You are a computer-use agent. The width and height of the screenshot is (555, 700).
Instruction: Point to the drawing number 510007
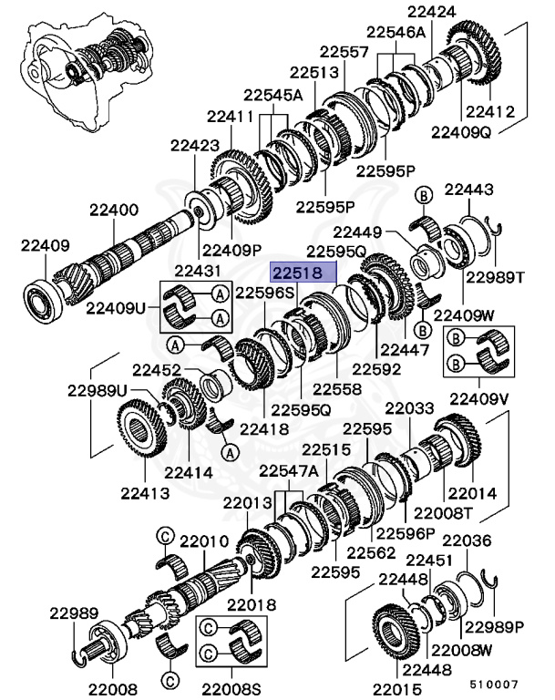(494, 683)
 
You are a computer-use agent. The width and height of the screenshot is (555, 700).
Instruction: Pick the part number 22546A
(396, 33)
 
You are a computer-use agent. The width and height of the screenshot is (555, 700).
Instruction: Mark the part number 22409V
(479, 397)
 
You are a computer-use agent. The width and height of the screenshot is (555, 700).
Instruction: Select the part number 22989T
(496, 278)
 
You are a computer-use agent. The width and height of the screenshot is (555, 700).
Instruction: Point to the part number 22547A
(288, 470)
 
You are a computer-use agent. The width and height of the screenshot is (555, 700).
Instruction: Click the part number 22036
(468, 540)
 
